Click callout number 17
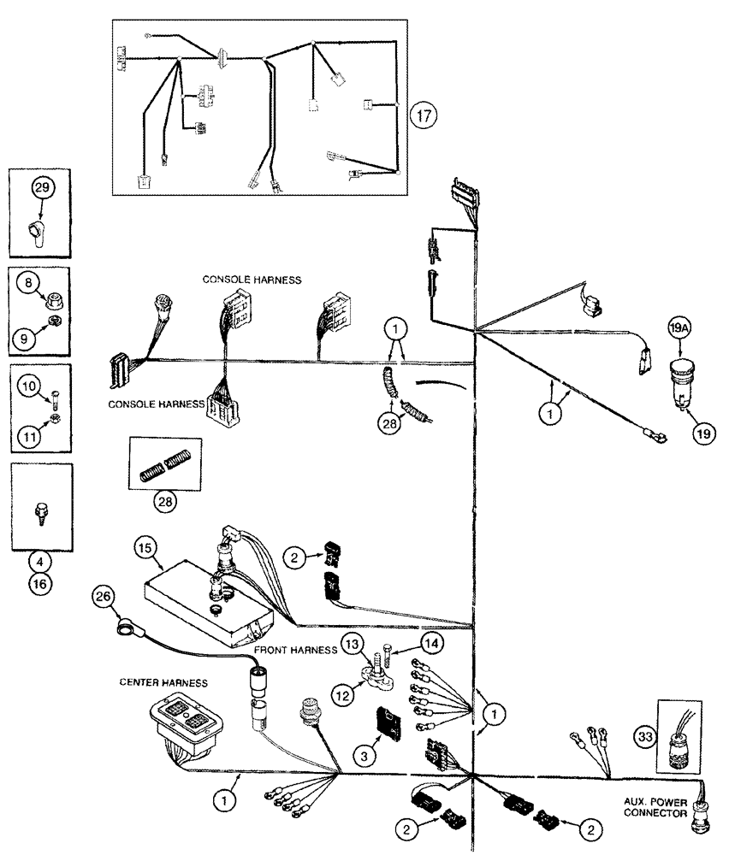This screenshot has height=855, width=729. click(x=421, y=115)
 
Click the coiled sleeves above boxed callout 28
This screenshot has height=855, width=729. click(x=164, y=465)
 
